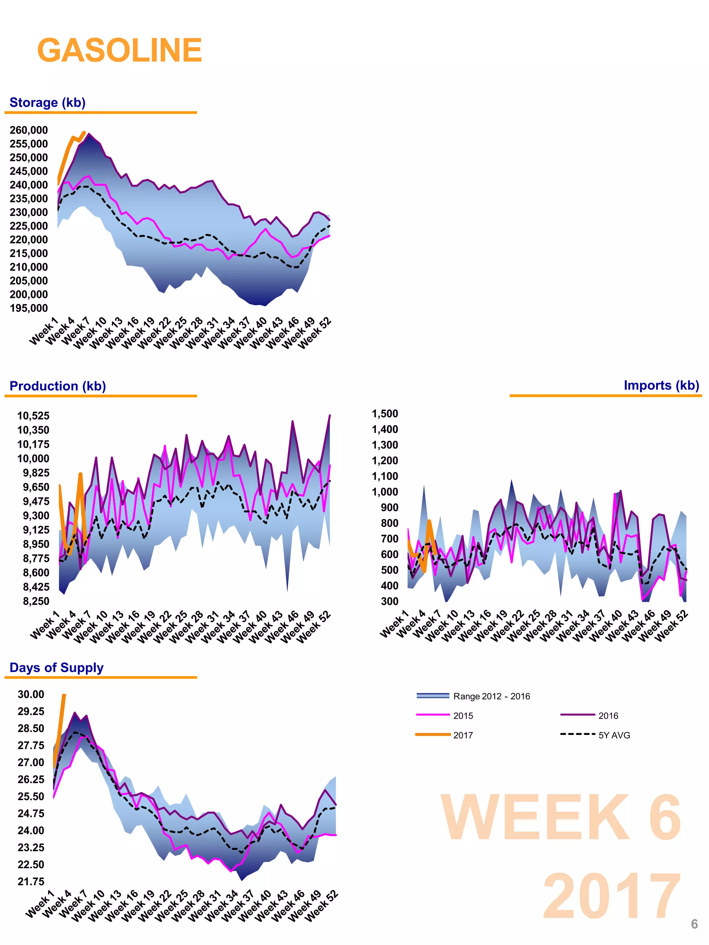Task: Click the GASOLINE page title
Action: click(120, 51)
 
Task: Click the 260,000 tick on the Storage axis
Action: click(29, 130)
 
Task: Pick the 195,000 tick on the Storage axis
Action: click(29, 308)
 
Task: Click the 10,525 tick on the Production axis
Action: click(33, 416)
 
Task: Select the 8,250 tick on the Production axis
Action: click(36, 601)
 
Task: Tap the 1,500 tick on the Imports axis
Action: click(385, 414)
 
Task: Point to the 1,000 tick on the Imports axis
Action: click(385, 492)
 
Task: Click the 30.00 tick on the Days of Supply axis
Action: click(31, 694)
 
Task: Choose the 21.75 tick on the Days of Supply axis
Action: click(31, 881)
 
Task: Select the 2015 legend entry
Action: click(463, 716)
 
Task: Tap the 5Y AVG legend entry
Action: click(614, 735)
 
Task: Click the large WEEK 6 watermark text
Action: click(561, 817)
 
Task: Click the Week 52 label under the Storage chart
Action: click(315, 334)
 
